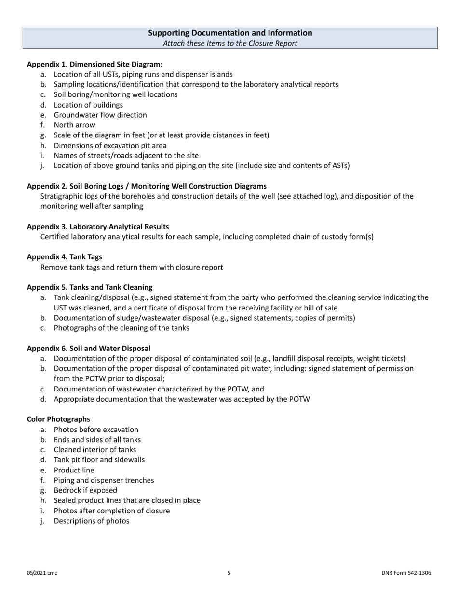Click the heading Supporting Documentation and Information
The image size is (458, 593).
(229, 33)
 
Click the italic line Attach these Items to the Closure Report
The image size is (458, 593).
(229, 43)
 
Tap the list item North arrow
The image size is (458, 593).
(74, 125)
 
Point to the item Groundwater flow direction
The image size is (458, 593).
(100, 115)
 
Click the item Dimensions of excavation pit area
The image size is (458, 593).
(110, 145)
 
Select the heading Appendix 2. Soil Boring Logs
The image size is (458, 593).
(147, 186)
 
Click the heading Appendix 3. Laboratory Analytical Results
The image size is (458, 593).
(98, 226)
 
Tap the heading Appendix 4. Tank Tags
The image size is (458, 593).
(64, 256)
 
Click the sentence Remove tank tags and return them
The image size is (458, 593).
(132, 267)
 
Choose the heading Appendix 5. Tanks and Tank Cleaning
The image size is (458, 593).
(90, 287)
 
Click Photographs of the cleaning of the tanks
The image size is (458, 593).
(121, 328)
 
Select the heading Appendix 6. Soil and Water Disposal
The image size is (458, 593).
(89, 348)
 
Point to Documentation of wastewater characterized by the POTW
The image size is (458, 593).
(159, 389)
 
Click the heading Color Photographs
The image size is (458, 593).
(58, 419)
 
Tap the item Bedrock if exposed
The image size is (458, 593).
(85, 490)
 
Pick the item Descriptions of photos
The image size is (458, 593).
(91, 521)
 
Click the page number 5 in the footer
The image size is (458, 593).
(229, 573)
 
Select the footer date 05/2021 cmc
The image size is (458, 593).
(42, 573)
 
